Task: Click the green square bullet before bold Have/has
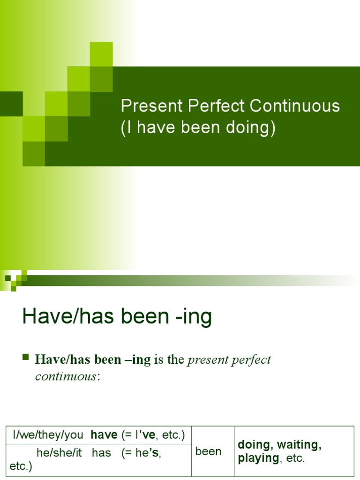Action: pyautogui.click(x=26, y=359)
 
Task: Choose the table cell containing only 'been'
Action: pyautogui.click(x=208, y=451)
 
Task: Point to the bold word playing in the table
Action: pyautogui.click(x=258, y=458)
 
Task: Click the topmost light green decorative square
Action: pyautogui.click(x=101, y=53)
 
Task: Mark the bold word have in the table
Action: pyautogui.click(x=104, y=435)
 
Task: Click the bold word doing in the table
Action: pyautogui.click(x=253, y=445)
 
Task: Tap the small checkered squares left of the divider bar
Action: pyautogui.click(x=16, y=280)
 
